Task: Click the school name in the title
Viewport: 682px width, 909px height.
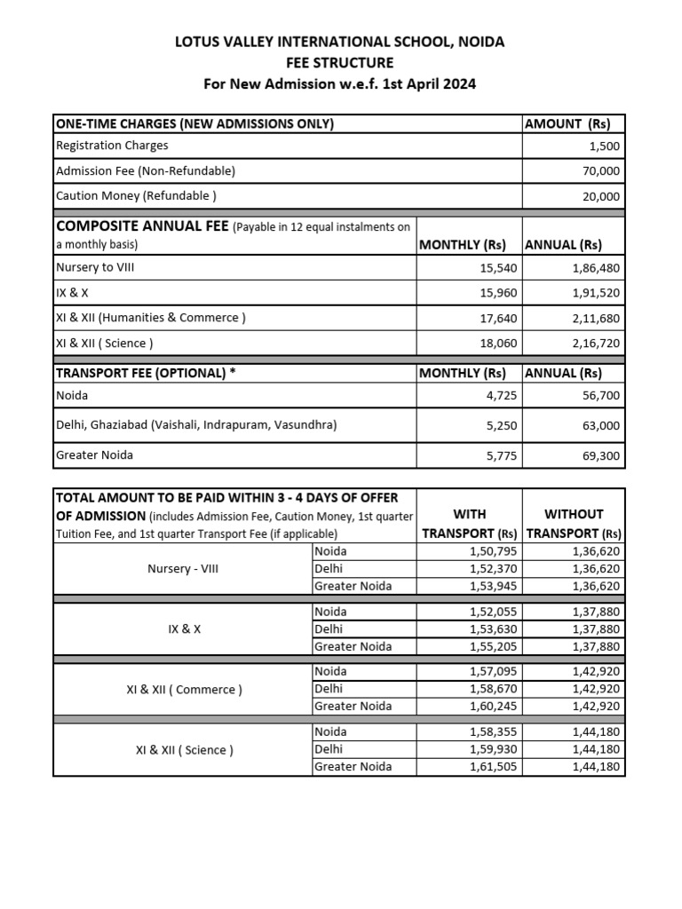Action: [340, 42]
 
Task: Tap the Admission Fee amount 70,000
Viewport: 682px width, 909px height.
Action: [601, 171]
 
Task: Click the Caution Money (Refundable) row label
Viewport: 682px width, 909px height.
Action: [136, 196]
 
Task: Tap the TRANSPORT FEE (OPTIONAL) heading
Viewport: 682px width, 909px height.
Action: [147, 373]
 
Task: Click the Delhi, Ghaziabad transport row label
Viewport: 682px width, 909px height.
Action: [196, 425]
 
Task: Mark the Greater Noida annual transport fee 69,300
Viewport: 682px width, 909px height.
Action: [601, 456]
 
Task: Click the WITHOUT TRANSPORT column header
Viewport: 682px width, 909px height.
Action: [573, 524]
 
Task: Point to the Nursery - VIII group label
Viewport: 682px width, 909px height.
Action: [182, 569]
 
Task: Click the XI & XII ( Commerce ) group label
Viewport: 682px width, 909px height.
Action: [182, 690]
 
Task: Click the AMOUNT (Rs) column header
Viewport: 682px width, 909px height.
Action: [573, 124]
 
